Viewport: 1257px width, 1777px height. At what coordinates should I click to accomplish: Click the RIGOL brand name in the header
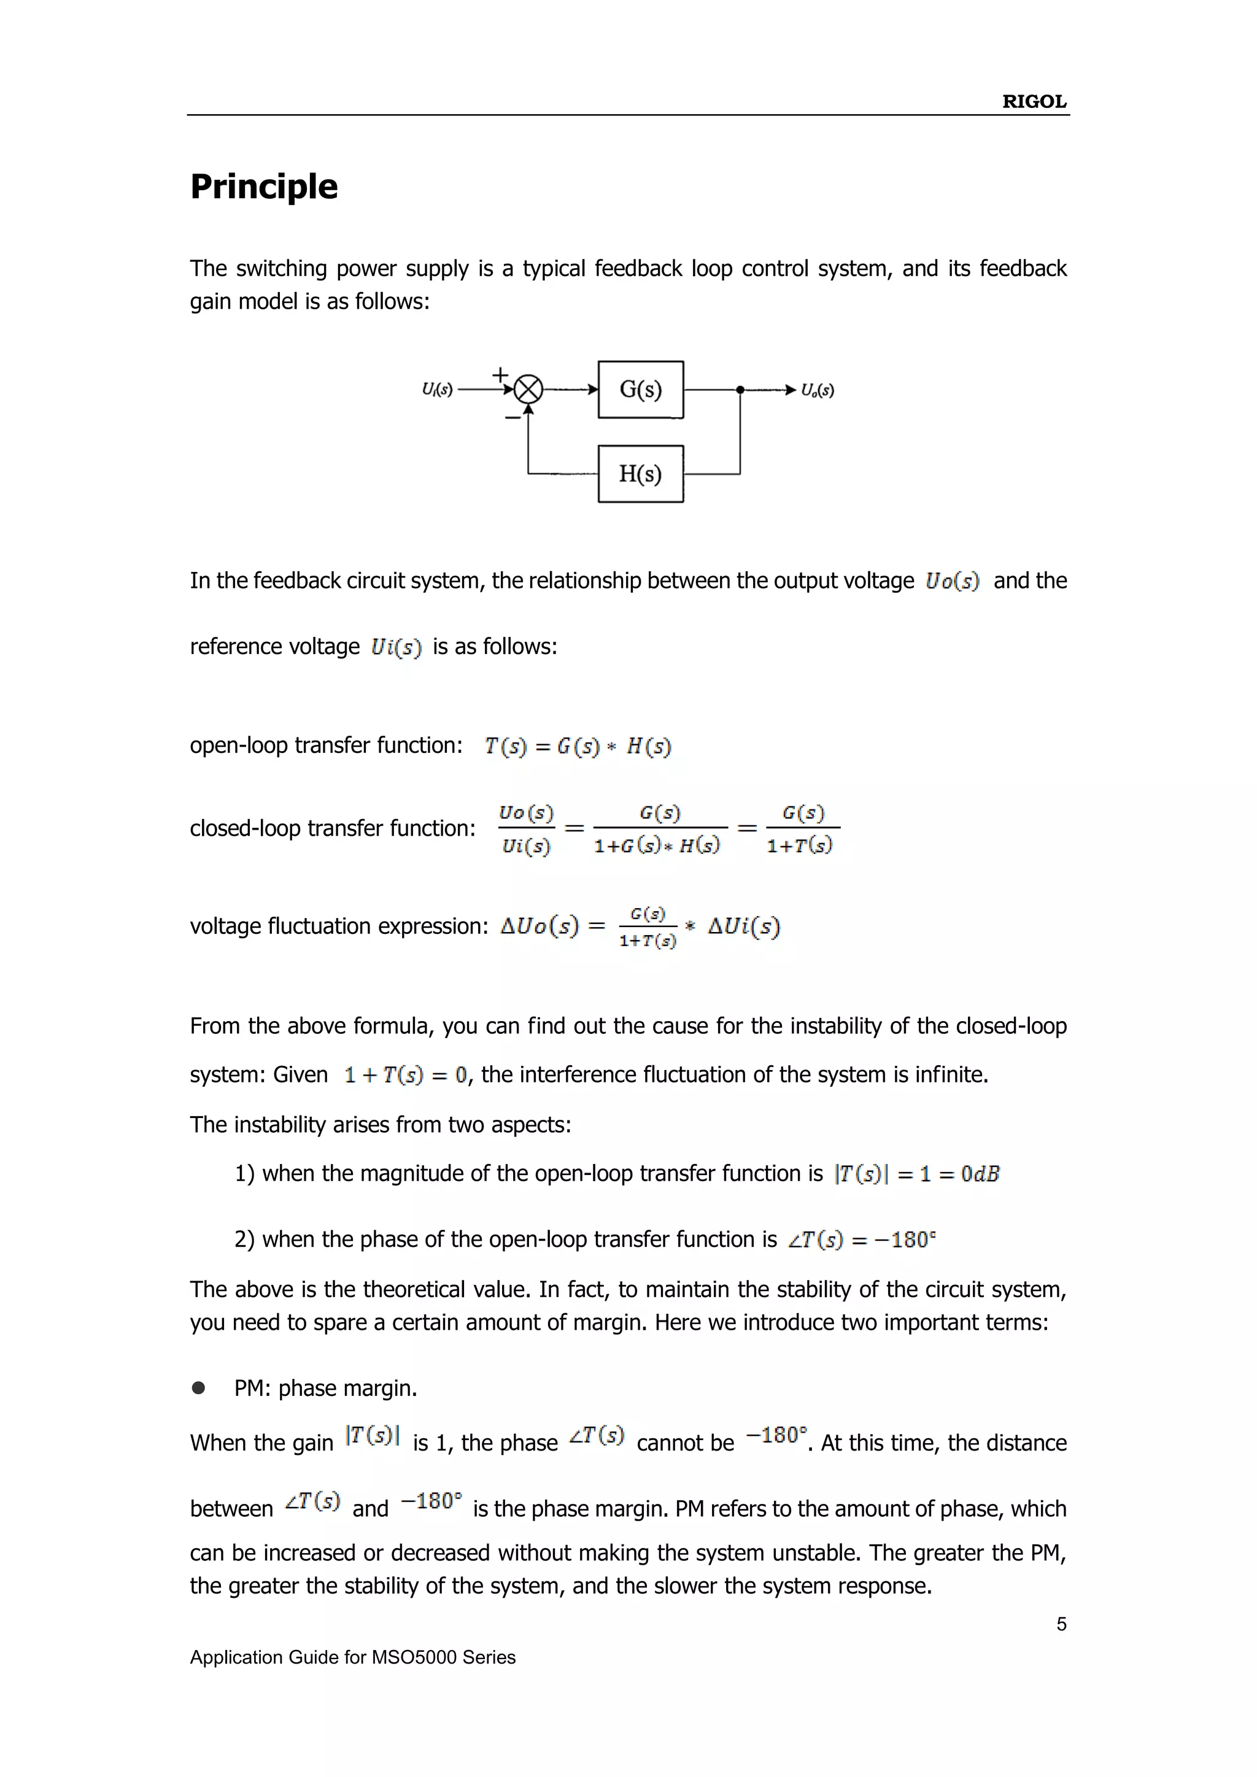click(x=1034, y=101)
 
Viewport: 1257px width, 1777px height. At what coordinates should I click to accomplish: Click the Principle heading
click(x=264, y=187)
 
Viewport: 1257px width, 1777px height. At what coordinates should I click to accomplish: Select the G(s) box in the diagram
click(x=640, y=389)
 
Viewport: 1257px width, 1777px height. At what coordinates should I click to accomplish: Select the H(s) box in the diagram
click(x=640, y=474)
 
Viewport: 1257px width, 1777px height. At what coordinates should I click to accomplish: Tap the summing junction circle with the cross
click(x=528, y=389)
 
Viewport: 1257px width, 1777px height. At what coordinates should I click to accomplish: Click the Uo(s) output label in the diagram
click(x=818, y=390)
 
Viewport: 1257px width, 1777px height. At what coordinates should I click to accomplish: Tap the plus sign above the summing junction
click(x=501, y=374)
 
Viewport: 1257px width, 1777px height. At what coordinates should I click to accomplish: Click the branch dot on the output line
click(x=740, y=390)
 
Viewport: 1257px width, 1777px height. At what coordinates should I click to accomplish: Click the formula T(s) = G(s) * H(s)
click(x=578, y=746)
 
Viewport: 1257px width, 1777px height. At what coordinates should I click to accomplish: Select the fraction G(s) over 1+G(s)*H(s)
click(x=659, y=828)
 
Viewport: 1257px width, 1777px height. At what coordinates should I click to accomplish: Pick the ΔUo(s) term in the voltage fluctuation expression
click(x=539, y=927)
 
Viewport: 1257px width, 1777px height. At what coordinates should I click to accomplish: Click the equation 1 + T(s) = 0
click(x=406, y=1075)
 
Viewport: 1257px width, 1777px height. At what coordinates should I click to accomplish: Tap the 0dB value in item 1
click(x=980, y=1174)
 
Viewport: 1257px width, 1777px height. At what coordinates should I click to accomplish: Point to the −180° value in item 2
click(x=905, y=1240)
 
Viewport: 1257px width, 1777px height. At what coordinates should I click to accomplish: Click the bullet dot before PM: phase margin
click(x=199, y=1388)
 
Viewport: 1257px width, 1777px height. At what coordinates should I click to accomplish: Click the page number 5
click(x=1061, y=1624)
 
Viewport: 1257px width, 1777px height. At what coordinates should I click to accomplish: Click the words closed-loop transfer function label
click(x=332, y=828)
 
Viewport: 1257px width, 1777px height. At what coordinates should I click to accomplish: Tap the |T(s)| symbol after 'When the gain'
click(x=373, y=1436)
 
